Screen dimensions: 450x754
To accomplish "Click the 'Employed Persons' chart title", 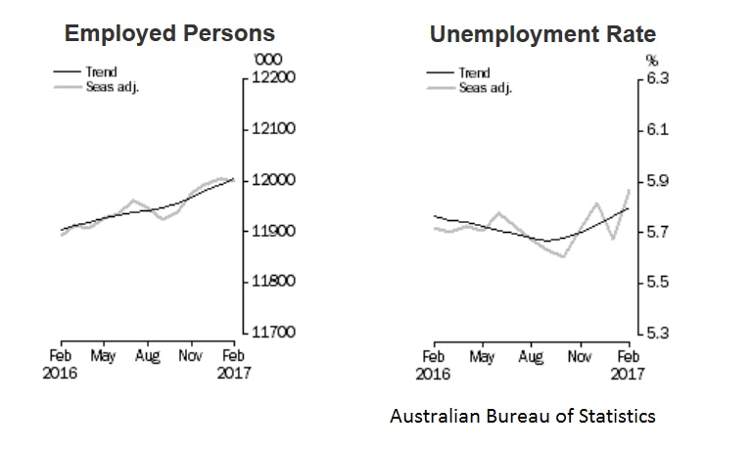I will (x=169, y=34).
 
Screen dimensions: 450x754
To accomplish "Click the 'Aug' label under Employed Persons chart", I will (x=147, y=358).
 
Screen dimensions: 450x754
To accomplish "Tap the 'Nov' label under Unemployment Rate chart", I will (x=579, y=358).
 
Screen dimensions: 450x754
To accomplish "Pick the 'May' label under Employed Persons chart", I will (x=103, y=358).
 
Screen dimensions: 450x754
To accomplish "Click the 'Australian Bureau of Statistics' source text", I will (x=522, y=417).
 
